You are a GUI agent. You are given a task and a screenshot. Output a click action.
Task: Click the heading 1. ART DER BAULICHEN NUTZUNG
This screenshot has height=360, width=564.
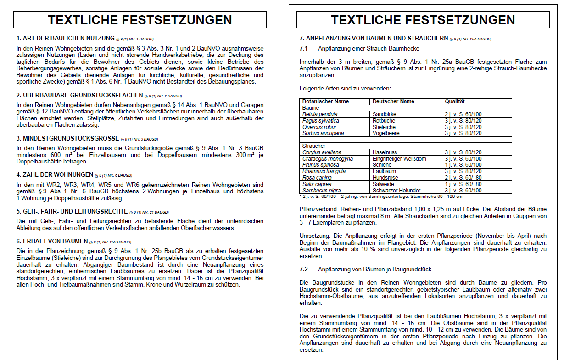[65, 38]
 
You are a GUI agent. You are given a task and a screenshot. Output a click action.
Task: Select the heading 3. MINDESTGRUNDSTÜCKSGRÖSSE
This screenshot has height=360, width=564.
[68, 138]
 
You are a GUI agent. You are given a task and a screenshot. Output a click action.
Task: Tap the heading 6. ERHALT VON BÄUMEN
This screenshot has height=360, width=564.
[52, 241]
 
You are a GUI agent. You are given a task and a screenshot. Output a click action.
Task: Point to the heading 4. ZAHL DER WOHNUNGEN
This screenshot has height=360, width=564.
[55, 174]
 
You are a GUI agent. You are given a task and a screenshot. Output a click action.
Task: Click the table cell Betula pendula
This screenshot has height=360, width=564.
[320, 114]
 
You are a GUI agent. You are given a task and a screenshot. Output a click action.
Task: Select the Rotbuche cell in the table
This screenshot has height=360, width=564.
[384, 121]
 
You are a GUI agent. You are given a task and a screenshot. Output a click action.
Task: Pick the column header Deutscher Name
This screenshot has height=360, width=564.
[393, 101]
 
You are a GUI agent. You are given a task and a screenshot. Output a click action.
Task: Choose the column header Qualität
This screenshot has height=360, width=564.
[455, 101]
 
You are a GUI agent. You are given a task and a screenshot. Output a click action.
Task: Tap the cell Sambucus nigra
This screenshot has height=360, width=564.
[321, 191]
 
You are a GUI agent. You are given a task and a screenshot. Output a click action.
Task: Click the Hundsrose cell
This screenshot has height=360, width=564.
[385, 178]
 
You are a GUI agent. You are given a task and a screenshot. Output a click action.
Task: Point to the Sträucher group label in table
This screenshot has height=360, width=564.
[313, 146]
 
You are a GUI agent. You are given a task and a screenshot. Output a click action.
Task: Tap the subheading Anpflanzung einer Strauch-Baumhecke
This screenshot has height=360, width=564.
[369, 49]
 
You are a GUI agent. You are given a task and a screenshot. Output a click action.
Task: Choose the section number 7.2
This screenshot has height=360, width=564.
[303, 269]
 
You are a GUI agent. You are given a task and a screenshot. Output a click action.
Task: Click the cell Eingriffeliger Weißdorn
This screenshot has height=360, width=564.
[399, 159]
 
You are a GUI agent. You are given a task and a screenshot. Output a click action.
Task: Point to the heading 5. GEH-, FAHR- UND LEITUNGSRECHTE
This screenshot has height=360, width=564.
[72, 212]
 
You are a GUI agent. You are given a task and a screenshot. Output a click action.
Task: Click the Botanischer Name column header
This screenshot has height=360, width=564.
[325, 101]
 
